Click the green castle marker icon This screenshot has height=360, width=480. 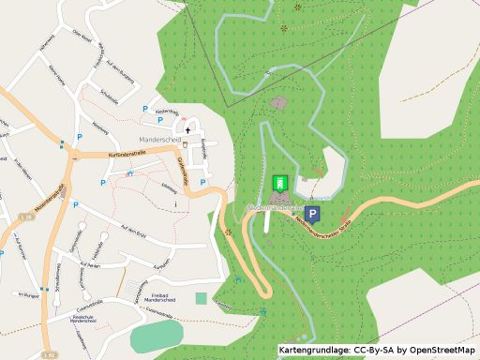tap(278, 183)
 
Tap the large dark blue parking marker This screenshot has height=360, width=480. tap(312, 216)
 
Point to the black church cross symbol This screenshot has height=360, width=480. tap(187, 130)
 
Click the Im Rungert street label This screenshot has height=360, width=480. tap(28, 296)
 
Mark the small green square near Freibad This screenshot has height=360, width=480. tap(201, 298)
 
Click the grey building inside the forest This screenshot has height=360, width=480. tap(278, 101)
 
